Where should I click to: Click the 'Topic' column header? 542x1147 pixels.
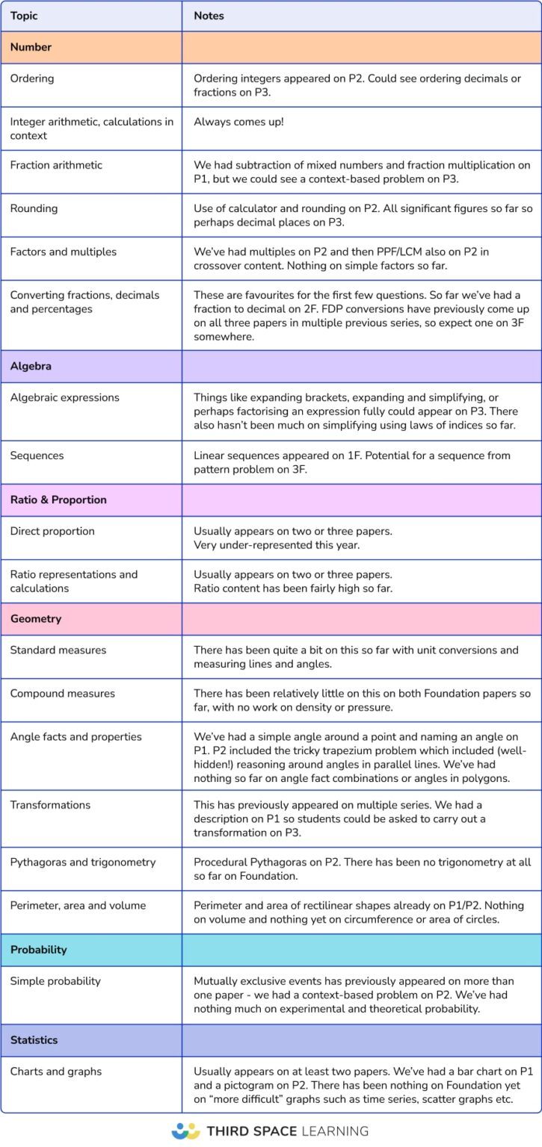point(24,16)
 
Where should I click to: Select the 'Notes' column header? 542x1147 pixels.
point(209,16)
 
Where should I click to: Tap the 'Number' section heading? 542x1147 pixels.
point(31,47)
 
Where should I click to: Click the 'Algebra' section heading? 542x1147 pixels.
point(31,366)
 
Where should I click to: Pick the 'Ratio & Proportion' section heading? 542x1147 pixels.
point(58,500)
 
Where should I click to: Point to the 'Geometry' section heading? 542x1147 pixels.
point(36,618)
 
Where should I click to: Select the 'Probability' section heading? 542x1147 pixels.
point(39,950)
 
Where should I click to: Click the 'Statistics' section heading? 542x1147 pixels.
point(34,1039)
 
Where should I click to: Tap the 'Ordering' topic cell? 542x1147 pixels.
point(32,78)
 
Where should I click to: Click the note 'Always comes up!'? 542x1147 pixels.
point(238,122)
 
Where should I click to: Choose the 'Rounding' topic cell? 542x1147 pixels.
point(34,208)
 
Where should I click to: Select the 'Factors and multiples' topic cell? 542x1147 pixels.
point(64,252)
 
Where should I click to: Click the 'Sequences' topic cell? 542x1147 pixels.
point(37,456)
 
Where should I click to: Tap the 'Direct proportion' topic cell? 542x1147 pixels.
point(52,531)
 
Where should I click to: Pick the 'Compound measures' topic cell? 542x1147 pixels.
point(63,693)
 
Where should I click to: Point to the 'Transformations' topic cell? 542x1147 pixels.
point(50,805)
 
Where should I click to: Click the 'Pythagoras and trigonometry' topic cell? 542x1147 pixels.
point(83,862)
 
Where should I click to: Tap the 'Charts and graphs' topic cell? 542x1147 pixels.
point(56,1071)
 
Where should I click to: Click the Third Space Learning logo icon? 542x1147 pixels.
point(185,1131)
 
